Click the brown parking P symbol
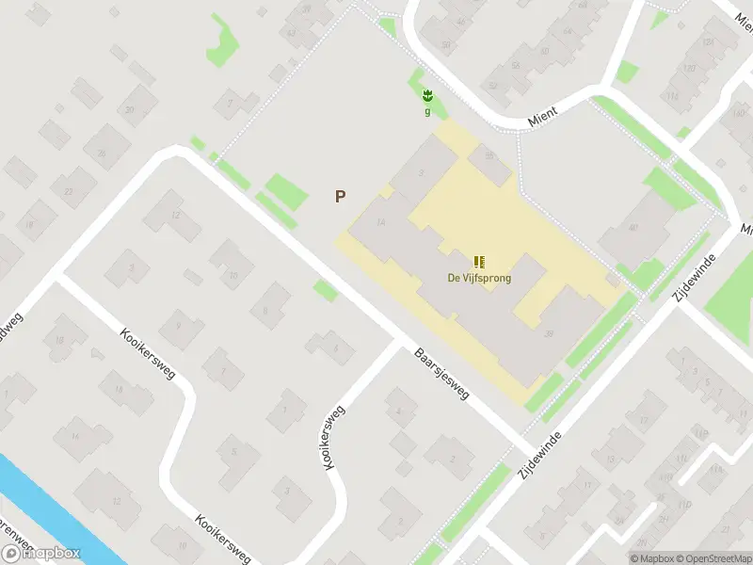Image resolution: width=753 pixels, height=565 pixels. [x=340, y=197]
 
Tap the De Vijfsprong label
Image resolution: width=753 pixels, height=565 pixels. [x=479, y=278]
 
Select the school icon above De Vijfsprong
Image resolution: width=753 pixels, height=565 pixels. [x=479, y=261]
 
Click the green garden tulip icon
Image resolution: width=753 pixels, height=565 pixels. [x=427, y=95]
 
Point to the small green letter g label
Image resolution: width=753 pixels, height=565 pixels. [x=427, y=110]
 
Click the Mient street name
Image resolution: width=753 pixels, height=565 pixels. [x=543, y=111]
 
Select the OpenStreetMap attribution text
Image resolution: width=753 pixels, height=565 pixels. [x=710, y=558]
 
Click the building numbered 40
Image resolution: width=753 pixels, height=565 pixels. [x=633, y=227]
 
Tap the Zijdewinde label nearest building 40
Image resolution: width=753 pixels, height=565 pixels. [x=690, y=279]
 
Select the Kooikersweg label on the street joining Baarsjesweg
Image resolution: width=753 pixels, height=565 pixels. [x=333, y=438]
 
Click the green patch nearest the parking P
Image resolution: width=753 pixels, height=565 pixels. [x=286, y=193]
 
